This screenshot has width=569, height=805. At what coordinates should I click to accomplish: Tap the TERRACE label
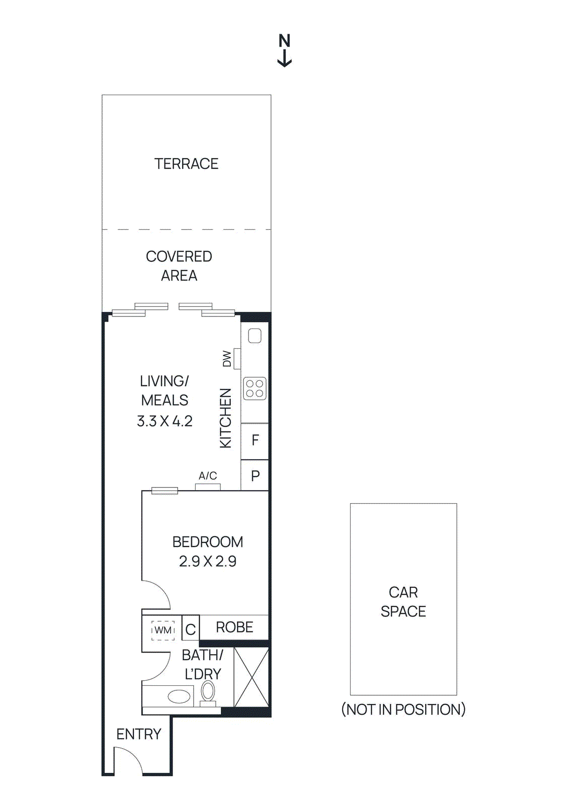click(x=186, y=164)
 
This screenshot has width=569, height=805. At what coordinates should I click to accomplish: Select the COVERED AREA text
click(x=179, y=266)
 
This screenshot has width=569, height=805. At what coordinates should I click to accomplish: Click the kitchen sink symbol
click(x=255, y=336)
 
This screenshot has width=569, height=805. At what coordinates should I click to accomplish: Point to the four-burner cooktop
click(x=255, y=388)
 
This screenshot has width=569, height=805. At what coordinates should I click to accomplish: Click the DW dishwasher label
click(x=227, y=359)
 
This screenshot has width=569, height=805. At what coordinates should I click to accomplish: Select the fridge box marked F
click(x=255, y=441)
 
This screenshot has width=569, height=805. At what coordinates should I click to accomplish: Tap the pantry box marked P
click(x=255, y=476)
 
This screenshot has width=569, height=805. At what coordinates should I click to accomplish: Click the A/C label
click(x=208, y=475)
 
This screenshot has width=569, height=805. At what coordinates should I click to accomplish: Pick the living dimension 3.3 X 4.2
click(x=165, y=421)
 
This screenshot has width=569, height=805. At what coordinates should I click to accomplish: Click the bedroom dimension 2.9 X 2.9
click(x=207, y=561)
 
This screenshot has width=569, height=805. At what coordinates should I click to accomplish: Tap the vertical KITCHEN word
click(x=226, y=418)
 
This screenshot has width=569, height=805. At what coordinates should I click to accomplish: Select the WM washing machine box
click(x=163, y=630)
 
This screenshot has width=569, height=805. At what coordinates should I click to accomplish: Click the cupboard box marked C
click(x=190, y=629)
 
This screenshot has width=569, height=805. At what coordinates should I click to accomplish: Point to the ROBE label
click(x=234, y=627)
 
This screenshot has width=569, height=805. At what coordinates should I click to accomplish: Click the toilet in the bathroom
click(x=208, y=693)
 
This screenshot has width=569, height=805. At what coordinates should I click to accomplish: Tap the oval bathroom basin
click(x=179, y=697)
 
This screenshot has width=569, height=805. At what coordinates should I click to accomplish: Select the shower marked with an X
click(x=251, y=677)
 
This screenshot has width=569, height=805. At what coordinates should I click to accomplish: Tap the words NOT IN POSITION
click(x=403, y=709)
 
